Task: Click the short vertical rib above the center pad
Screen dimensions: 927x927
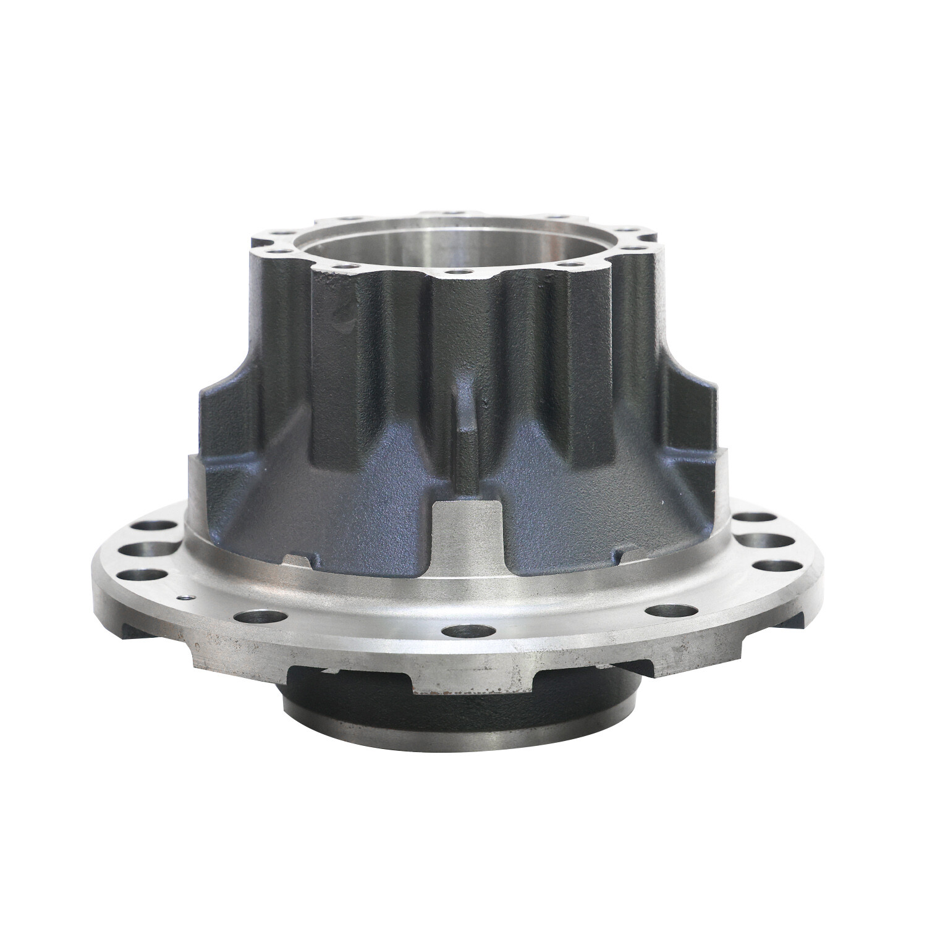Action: point(464,408)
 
